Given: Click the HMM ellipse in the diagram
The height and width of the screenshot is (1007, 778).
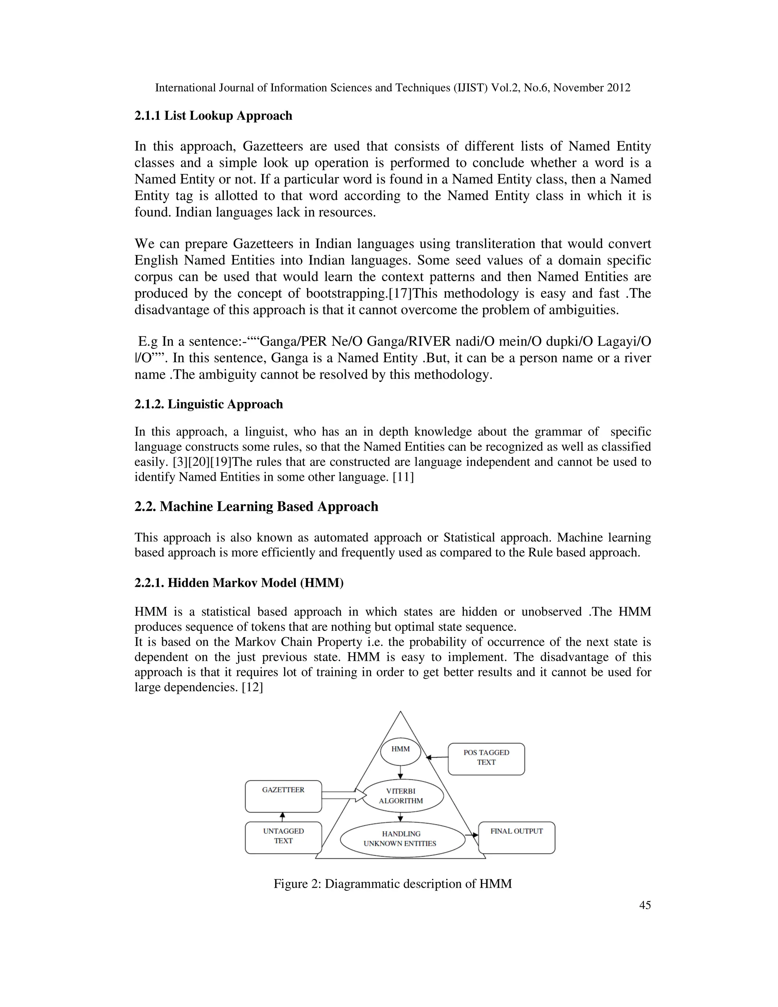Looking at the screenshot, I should [400, 749].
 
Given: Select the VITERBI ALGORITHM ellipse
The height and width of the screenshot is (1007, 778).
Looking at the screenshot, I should [402, 796].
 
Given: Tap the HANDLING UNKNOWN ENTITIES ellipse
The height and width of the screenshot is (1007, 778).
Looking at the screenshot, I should [402, 839].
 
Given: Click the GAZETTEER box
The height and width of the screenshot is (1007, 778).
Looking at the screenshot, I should [283, 796].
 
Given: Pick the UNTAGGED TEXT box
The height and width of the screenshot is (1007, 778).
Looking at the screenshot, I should [283, 837].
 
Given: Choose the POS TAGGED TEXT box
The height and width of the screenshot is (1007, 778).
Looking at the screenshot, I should [486, 758].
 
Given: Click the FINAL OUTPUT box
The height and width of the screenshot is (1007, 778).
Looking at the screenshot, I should [517, 837].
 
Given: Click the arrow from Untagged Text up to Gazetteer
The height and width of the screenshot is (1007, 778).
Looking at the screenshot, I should [283, 817].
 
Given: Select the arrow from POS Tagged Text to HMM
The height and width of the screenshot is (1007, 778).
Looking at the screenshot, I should [436, 757].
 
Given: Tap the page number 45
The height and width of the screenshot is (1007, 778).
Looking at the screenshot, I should [645, 905].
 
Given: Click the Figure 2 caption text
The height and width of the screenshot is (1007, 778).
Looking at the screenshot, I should [393, 883].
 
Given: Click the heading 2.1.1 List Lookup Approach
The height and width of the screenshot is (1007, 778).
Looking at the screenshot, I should [213, 116].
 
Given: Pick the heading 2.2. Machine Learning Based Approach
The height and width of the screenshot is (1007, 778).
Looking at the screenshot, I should [256, 507].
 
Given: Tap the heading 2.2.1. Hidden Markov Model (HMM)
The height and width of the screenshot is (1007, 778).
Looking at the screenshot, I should [239, 583].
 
